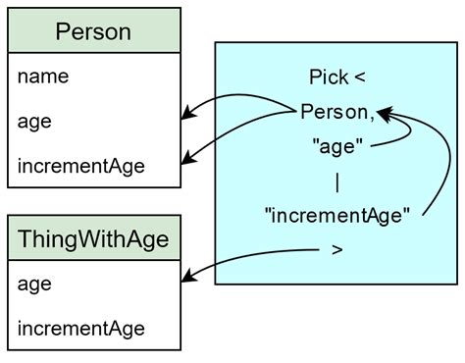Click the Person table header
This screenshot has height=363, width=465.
pyautogui.click(x=94, y=30)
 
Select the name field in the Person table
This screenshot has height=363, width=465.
pyautogui.click(x=43, y=77)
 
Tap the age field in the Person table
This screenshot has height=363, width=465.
pyautogui.click(x=34, y=123)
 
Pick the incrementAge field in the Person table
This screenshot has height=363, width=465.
pyautogui.click(x=81, y=166)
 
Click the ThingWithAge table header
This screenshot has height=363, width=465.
pyautogui.click(x=94, y=238)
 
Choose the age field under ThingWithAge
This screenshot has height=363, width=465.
pyautogui.click(x=34, y=285)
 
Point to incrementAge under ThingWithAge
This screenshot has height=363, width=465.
pyautogui.click(x=81, y=328)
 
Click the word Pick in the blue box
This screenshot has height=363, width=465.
pyautogui.click(x=329, y=78)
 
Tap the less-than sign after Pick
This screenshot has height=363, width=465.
pyautogui.click(x=360, y=78)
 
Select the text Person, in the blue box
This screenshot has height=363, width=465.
pyautogui.click(x=337, y=112)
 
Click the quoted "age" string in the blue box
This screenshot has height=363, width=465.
pyautogui.click(x=337, y=146)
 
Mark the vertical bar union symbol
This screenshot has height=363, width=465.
pyautogui.click(x=337, y=182)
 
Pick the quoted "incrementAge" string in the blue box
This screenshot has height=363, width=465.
pyautogui.click(x=337, y=216)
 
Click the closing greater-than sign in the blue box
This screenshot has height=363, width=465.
pyautogui.click(x=337, y=250)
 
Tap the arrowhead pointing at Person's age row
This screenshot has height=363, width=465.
pyautogui.click(x=189, y=113)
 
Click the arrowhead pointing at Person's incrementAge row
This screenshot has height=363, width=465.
pyautogui.click(x=189, y=157)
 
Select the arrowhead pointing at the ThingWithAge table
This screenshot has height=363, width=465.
pyautogui.click(x=189, y=276)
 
